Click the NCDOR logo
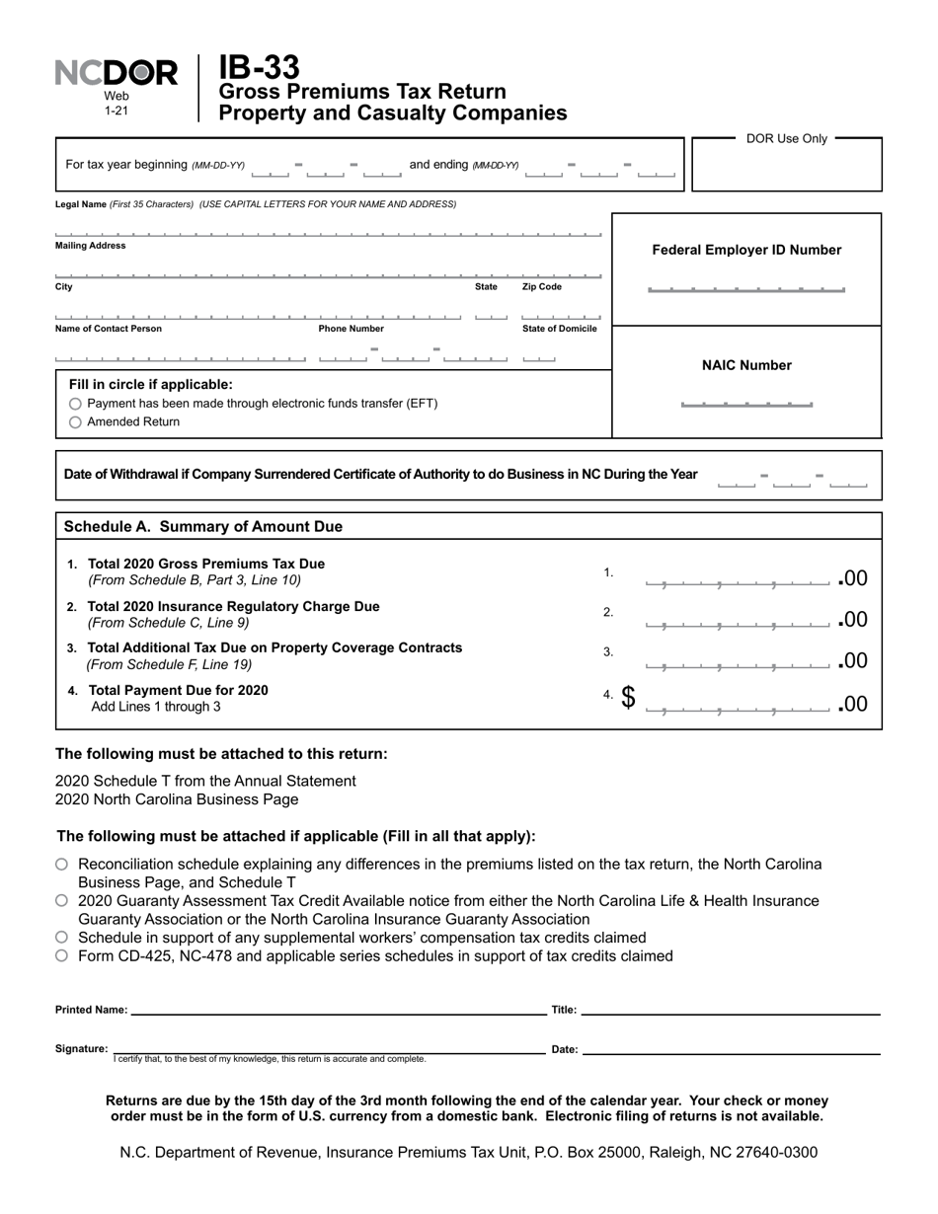(117, 73)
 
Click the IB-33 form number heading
(259, 67)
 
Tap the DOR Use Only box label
(786, 138)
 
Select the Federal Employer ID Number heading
(746, 250)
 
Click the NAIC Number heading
(746, 365)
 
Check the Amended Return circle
(76, 422)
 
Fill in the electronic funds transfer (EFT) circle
(76, 405)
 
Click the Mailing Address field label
(90, 246)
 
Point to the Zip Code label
(542, 287)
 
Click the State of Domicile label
(559, 329)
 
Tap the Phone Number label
(351, 329)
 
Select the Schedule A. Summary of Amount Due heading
(202, 527)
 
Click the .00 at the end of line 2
(853, 620)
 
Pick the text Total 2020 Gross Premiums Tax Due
(205, 564)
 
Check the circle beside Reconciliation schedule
(62, 865)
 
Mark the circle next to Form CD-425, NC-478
(62, 955)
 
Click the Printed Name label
(91, 1010)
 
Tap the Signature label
(81, 1049)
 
